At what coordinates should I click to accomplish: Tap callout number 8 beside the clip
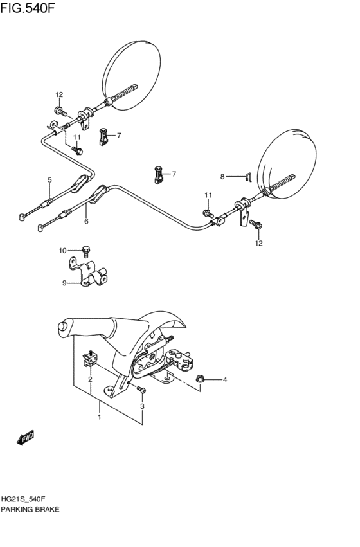[222, 176]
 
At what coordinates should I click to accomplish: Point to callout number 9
[64, 282]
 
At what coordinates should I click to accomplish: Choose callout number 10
[63, 250]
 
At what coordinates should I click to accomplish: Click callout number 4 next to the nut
[225, 380]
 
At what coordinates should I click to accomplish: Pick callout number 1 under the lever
[100, 418]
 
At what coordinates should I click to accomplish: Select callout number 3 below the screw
[142, 406]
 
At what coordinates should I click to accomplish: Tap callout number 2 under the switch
[90, 379]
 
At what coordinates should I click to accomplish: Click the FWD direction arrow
[26, 439]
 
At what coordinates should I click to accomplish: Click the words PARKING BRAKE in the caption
[31, 509]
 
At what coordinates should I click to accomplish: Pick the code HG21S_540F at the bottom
[28, 499]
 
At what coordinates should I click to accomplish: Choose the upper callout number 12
[59, 95]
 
